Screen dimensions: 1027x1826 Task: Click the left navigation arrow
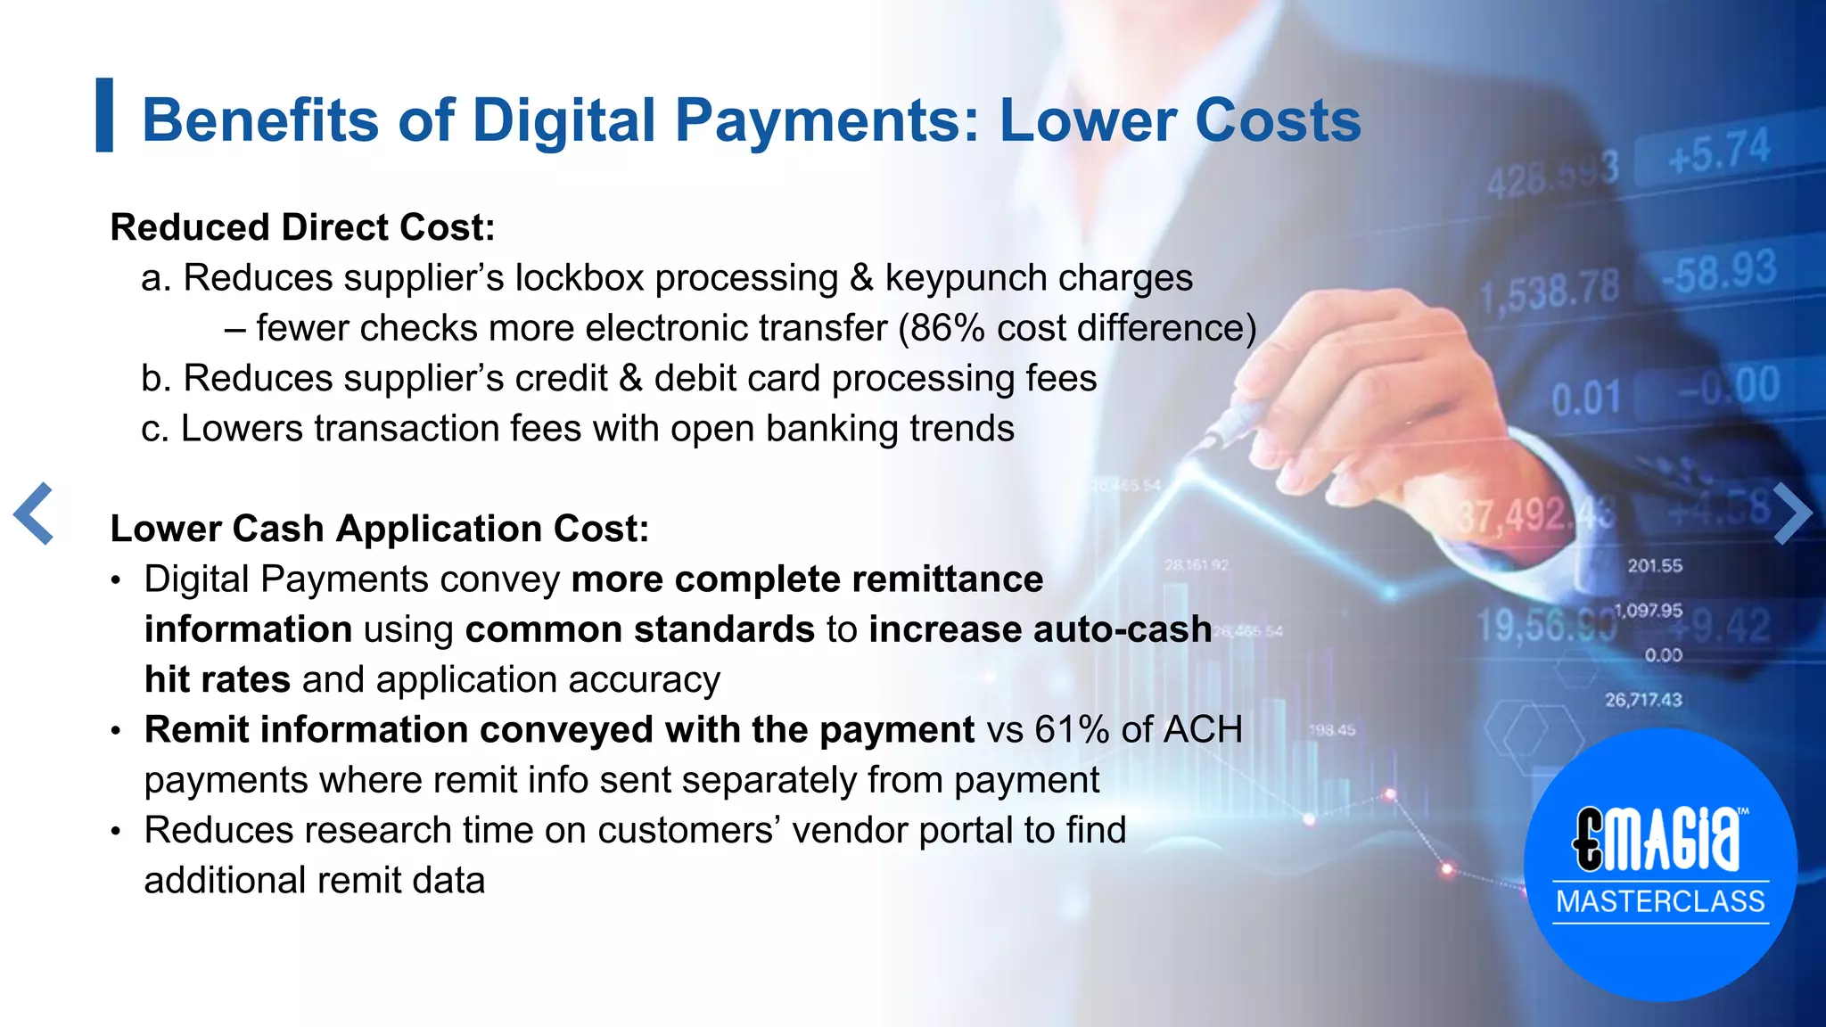34,513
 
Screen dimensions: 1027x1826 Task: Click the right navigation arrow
1792,513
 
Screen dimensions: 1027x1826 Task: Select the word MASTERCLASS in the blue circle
1660,901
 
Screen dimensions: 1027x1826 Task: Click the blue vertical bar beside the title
104,115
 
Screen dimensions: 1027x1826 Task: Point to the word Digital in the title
563,119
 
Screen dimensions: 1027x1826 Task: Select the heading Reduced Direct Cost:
302,227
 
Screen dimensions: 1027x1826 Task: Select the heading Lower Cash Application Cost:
379,529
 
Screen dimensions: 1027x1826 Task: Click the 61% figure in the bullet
1072,730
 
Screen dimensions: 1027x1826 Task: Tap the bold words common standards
639,629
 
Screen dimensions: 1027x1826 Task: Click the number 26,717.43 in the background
1643,700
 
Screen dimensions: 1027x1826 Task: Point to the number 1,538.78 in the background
1550,292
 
